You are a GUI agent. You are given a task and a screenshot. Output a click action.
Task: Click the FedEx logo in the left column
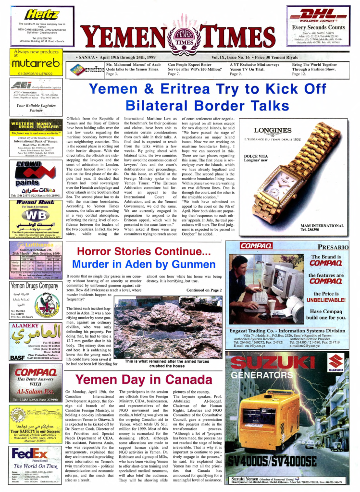(30, 454)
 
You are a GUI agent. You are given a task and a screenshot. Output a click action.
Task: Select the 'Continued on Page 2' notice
(204, 290)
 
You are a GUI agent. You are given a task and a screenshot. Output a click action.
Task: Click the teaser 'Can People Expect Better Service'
(195, 67)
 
